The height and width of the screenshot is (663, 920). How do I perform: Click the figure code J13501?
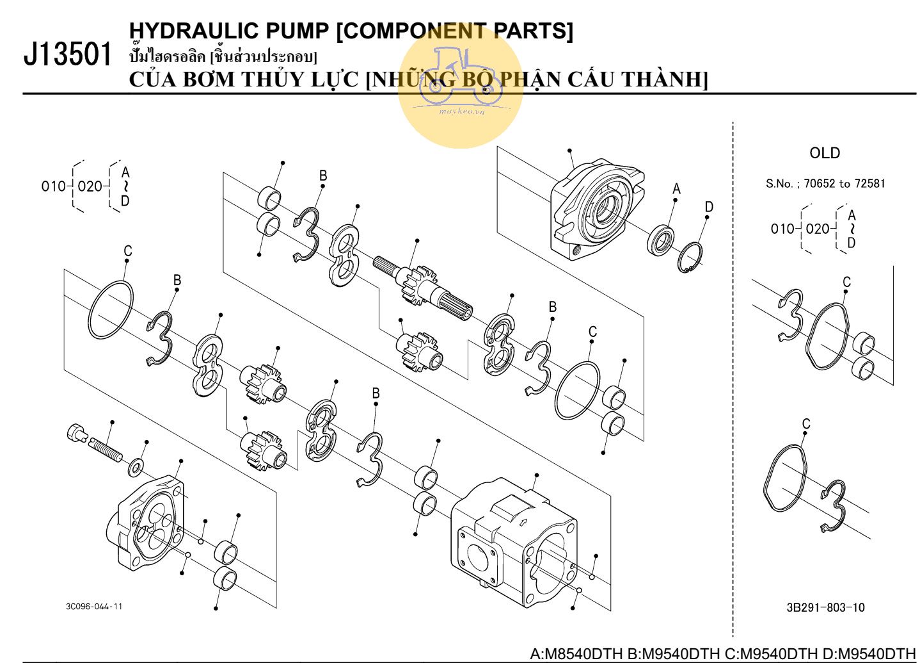click(x=67, y=54)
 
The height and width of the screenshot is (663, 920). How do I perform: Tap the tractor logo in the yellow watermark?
click(x=460, y=77)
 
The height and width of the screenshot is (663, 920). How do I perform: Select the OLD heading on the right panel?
click(x=824, y=153)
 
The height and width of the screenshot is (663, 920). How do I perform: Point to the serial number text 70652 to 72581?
click(x=845, y=184)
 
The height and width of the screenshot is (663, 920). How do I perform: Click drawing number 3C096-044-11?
click(x=94, y=606)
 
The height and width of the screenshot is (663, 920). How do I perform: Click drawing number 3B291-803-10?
click(x=825, y=607)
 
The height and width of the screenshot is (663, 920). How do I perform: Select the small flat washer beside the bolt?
click(x=136, y=468)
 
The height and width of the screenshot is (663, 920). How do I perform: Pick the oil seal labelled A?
click(x=660, y=240)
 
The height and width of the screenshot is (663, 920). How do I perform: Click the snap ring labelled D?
click(x=690, y=257)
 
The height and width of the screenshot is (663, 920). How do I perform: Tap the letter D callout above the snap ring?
click(x=709, y=207)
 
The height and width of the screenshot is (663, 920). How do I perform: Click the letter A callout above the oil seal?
click(x=676, y=189)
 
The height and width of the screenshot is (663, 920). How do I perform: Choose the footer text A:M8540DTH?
click(x=576, y=654)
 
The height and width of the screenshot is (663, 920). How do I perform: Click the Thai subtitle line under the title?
click(x=223, y=56)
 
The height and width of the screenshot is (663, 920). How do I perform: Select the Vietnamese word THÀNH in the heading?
click(x=665, y=79)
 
